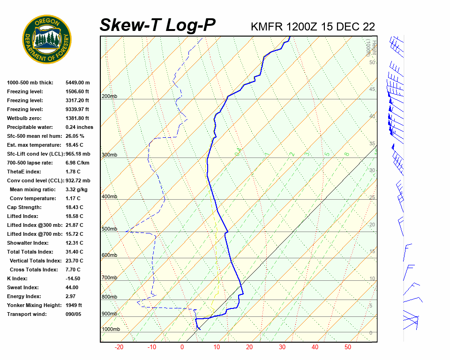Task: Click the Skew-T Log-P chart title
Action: tap(157, 25)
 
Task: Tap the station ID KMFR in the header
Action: tap(267, 26)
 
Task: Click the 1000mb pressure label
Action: tap(111, 329)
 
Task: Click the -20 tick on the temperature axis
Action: tap(119, 347)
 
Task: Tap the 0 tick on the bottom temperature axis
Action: tap(182, 347)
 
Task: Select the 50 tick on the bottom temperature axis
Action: tap(348, 347)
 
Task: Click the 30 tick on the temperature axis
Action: tap(282, 347)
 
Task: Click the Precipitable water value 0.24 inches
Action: tap(79, 127)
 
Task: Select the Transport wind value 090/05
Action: tap(74, 314)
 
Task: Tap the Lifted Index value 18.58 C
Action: tap(74, 216)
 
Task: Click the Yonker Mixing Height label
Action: tap(34, 305)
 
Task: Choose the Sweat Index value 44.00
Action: tap(72, 287)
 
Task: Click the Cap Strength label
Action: tap(24, 207)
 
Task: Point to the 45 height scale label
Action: tap(372, 89)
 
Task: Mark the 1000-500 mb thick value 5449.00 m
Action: tap(77, 82)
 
